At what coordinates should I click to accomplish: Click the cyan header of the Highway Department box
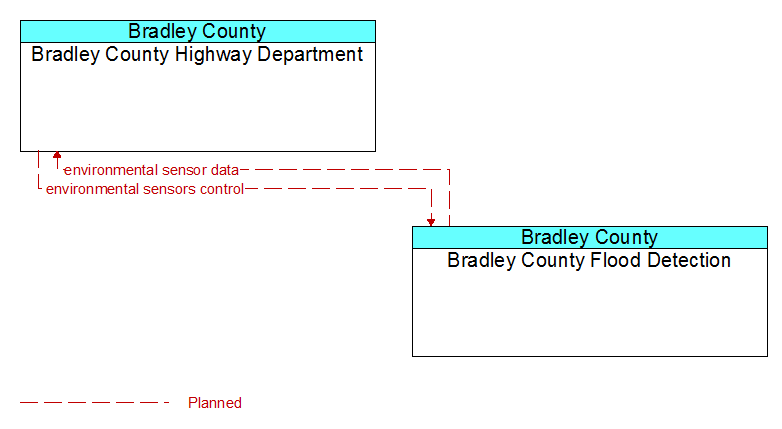pos(198,31)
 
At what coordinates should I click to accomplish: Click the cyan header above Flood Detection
pos(590,237)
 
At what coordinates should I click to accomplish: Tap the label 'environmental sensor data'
pos(152,170)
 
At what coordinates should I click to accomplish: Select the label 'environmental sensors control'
pos(145,189)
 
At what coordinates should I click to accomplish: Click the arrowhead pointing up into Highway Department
pos(57,155)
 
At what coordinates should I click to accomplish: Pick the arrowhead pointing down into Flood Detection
pos(431,222)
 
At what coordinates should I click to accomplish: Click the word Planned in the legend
pos(215,403)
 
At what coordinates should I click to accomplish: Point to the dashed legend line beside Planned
pos(95,402)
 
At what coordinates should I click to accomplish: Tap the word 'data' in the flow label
pos(225,170)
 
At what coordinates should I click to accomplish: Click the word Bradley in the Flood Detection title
pos(556,237)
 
